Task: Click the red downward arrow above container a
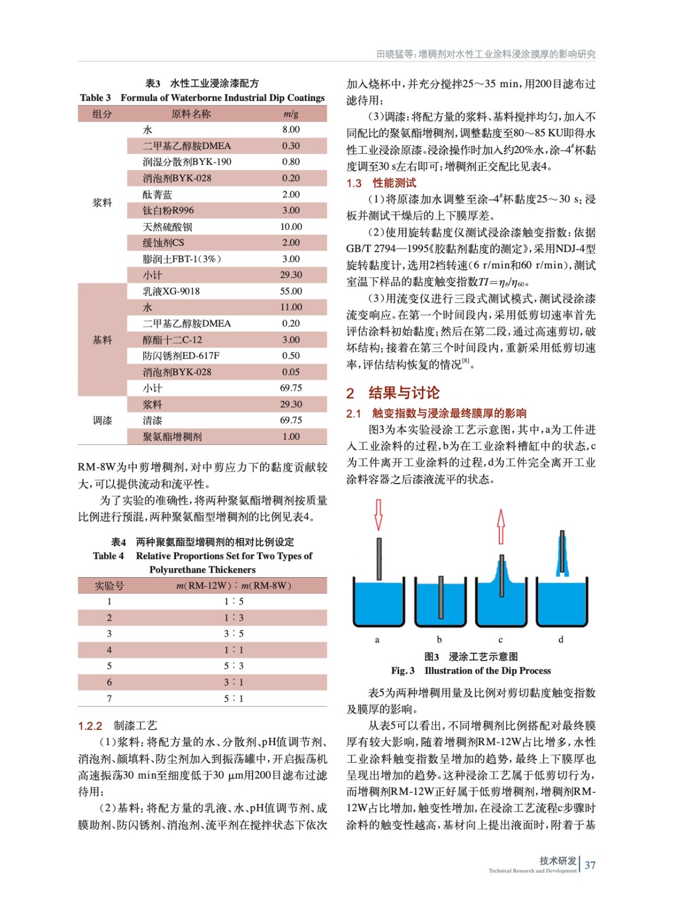(x=378, y=514)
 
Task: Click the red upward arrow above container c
(x=500, y=526)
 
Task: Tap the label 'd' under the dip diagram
(x=561, y=640)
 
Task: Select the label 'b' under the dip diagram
(x=439, y=640)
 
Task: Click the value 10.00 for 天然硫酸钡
(x=291, y=227)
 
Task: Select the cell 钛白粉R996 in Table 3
(x=168, y=211)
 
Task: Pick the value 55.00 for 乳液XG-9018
(x=291, y=292)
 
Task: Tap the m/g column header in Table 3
(x=291, y=114)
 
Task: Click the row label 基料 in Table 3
(x=102, y=340)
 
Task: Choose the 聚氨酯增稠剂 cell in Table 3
(x=172, y=437)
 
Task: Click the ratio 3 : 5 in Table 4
(x=233, y=634)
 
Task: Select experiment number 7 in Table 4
(x=109, y=699)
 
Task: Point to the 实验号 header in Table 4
(x=109, y=586)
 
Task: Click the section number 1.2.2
(x=90, y=726)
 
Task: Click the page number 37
(x=590, y=865)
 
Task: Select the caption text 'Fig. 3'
(x=403, y=671)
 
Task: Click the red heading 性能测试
(x=395, y=183)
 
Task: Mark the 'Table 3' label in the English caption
(x=95, y=98)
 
